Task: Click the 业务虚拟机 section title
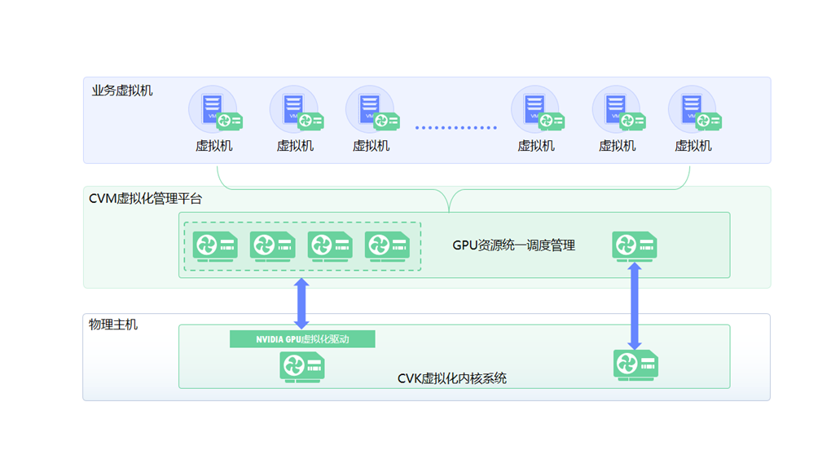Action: pyautogui.click(x=122, y=91)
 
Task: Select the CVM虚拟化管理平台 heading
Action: pyautogui.click(x=145, y=198)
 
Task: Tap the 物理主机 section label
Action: pyautogui.click(x=113, y=325)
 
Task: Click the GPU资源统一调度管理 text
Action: pyautogui.click(x=513, y=245)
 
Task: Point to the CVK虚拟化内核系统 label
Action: pyautogui.click(x=451, y=378)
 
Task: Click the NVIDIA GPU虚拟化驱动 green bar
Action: pyautogui.click(x=302, y=339)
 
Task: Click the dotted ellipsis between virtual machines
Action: pyautogui.click(x=455, y=127)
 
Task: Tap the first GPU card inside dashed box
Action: pyautogui.click(x=215, y=245)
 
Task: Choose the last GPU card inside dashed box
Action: pyautogui.click(x=387, y=245)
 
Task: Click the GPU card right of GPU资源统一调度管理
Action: pyautogui.click(x=635, y=245)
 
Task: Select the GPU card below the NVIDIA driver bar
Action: pyautogui.click(x=302, y=366)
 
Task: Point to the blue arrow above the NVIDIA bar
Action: pyautogui.click(x=301, y=303)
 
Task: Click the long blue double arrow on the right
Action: pyautogui.click(x=635, y=306)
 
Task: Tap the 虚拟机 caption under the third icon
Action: pyautogui.click(x=371, y=146)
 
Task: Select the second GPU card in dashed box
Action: pyautogui.click(x=272, y=245)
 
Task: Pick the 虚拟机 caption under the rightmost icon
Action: pyautogui.click(x=693, y=146)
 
